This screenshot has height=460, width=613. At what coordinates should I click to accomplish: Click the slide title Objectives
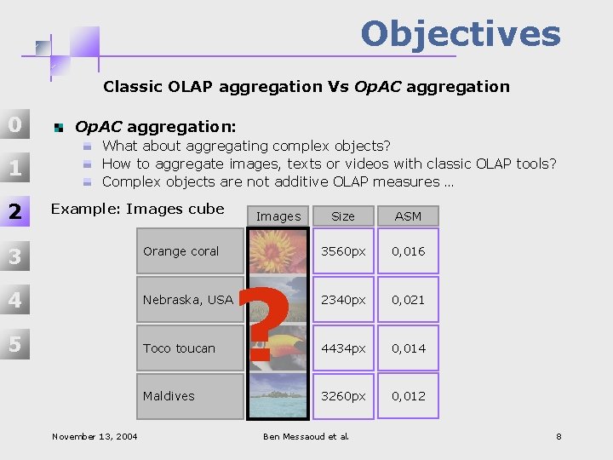pos(460,34)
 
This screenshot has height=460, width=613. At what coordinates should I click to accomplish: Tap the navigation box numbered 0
pos(15,125)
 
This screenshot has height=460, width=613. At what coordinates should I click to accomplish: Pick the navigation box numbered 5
pos(15,344)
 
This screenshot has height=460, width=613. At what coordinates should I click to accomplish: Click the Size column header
pos(343,216)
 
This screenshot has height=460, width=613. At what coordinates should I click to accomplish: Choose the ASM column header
pos(408,216)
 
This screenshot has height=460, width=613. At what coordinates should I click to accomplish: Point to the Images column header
pos(278,216)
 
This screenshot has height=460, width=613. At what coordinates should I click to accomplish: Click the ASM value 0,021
pos(408,300)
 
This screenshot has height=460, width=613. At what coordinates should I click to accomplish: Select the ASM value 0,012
pos(408,396)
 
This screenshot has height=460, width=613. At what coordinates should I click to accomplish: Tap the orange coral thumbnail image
pos(278,247)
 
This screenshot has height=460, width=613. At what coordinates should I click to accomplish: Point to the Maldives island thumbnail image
pos(278,399)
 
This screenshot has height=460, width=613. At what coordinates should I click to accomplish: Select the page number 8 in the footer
pos(559,437)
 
